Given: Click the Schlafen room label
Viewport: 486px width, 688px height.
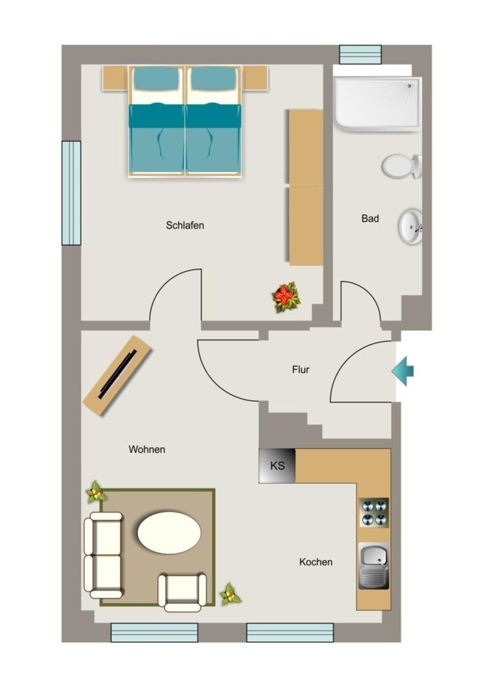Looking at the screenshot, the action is pos(185,225).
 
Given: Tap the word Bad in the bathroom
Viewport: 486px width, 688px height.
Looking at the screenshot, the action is pos(370,218).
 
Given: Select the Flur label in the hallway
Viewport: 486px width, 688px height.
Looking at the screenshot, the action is pos(300,370).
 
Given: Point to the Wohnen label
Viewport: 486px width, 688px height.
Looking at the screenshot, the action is pos(147,449).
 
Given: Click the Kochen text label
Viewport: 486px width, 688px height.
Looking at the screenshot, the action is pos(316,562).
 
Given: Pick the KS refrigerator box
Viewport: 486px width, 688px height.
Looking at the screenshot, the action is pos(277,466).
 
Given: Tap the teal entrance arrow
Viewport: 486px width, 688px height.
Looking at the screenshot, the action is pos(403,371).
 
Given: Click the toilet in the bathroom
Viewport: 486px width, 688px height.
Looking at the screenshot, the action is pos(402,167).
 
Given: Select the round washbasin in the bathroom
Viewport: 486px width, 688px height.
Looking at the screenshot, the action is pos(411,226).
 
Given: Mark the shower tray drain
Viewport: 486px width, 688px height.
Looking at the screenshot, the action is pos(409,87).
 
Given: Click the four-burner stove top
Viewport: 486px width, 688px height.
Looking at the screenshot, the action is pos(374,512).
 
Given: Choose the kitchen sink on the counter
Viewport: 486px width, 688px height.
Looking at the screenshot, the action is pos(374,566).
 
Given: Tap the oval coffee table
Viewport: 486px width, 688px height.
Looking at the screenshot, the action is pos(169,532).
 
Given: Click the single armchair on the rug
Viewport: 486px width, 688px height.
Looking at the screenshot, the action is pos(182,591).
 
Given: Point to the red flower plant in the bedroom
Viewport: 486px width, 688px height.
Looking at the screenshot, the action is pos(286,298).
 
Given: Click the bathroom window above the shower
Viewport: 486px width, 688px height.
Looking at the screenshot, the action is pos(360,54).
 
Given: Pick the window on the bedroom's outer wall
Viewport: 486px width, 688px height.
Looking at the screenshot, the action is pos(71,193).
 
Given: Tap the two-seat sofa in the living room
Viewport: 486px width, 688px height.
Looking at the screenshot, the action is pos(103,555).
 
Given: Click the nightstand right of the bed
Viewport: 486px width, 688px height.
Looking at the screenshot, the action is pos(255,78).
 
